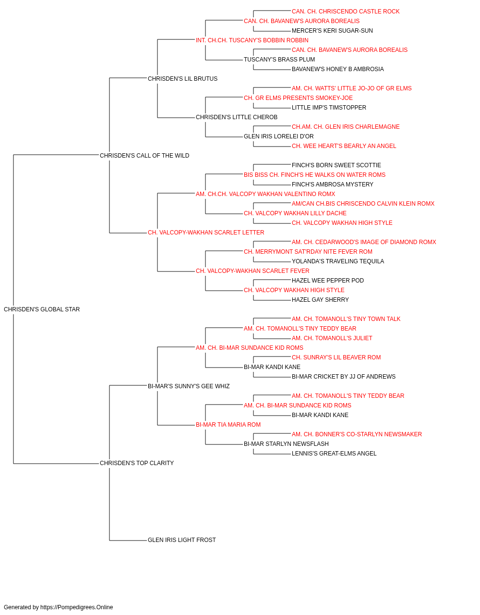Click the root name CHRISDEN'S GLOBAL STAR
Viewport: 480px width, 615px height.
tap(42, 309)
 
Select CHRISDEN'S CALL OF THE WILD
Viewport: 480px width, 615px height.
tap(144, 155)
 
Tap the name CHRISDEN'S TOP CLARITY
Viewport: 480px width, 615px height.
tap(137, 463)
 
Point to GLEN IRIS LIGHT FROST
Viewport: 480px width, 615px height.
tap(182, 540)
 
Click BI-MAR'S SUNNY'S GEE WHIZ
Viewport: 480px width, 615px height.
tap(189, 386)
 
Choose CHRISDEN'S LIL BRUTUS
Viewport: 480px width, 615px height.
tap(182, 78)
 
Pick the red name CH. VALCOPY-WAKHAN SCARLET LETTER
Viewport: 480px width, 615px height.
tap(206, 233)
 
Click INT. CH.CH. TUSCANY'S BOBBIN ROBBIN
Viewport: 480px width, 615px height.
tap(252, 40)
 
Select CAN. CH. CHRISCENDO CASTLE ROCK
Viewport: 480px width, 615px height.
tap(346, 12)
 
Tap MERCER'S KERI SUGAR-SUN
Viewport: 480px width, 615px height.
tap(332, 31)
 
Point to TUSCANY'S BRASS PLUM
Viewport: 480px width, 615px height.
tap(279, 60)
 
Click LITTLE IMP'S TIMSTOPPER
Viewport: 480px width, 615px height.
tap(329, 108)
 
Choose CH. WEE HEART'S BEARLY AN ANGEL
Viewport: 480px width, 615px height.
tap(344, 146)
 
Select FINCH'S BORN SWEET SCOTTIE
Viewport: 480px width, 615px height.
tap(336, 165)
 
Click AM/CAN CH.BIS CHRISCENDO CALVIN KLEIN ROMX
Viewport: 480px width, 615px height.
tap(363, 204)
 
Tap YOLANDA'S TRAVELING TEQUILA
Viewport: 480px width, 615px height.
tap(338, 261)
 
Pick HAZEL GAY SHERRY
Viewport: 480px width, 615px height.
tap(320, 299)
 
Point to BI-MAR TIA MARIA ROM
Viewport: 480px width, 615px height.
tap(228, 425)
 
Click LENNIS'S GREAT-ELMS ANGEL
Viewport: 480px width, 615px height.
tap(334, 454)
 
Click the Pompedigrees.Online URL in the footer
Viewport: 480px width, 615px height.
tap(76, 607)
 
